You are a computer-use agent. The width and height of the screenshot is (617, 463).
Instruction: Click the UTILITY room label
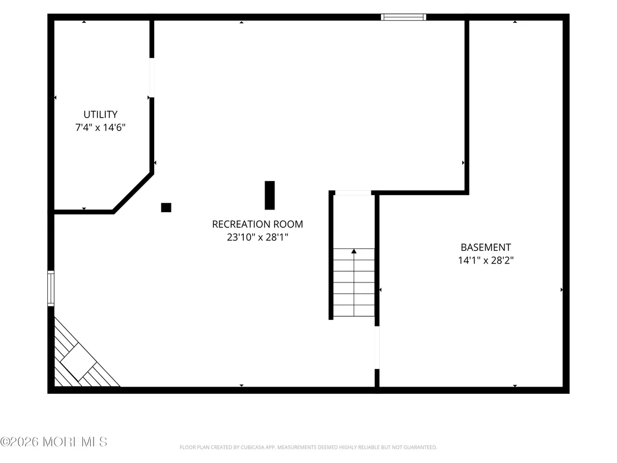click(x=100, y=114)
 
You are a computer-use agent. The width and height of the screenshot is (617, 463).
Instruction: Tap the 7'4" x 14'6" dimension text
click(x=100, y=127)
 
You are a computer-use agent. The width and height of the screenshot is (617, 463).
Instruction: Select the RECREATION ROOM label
click(x=257, y=224)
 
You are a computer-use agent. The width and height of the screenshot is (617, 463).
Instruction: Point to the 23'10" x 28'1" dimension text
click(x=257, y=237)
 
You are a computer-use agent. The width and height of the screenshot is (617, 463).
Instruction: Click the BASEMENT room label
click(x=486, y=247)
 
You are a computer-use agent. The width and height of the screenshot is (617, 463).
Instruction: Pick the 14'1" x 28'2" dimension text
click(x=486, y=260)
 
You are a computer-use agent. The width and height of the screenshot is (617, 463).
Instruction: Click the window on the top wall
click(x=403, y=17)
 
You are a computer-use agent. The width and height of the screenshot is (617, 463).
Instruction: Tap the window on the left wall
click(x=51, y=288)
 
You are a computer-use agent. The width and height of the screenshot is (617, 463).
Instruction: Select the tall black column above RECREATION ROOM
click(x=270, y=195)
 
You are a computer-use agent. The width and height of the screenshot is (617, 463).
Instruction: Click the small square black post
click(x=166, y=207)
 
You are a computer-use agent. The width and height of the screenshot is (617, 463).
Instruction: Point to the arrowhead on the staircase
click(x=354, y=251)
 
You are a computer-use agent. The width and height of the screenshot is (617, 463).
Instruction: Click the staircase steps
click(x=354, y=282)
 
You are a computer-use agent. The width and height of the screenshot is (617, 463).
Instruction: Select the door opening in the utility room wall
click(x=152, y=77)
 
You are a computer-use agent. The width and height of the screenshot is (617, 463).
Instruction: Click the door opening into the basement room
click(x=377, y=348)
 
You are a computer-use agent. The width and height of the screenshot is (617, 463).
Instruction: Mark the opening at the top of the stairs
click(x=353, y=193)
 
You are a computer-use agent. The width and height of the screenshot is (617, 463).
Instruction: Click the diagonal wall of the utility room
click(x=133, y=193)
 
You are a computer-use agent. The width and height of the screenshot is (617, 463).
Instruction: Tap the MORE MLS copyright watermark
click(x=54, y=442)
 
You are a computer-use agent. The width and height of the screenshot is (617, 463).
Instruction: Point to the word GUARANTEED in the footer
click(x=421, y=447)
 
